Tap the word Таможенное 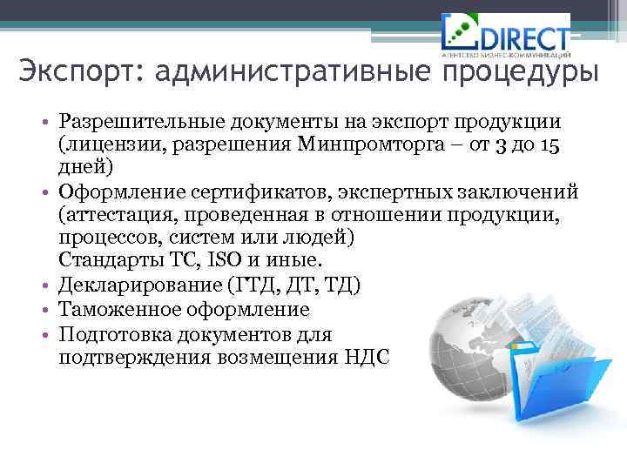[x=117, y=309]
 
